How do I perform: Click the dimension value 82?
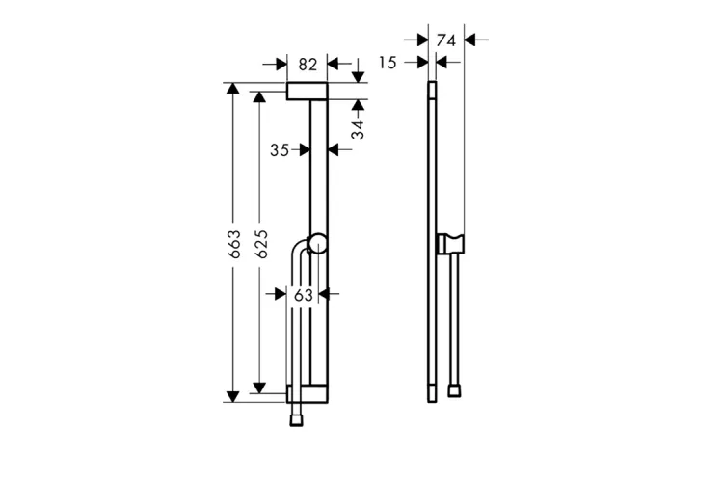point(308,65)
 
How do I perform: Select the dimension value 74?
point(446,40)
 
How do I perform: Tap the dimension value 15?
point(388,63)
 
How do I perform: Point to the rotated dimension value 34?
point(358,129)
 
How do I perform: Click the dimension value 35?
point(280,150)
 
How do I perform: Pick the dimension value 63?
point(304,295)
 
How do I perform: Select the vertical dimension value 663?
point(234,244)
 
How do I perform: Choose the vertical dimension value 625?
point(261,244)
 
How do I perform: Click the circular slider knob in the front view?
point(318,245)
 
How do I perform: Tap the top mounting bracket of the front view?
point(308,91)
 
